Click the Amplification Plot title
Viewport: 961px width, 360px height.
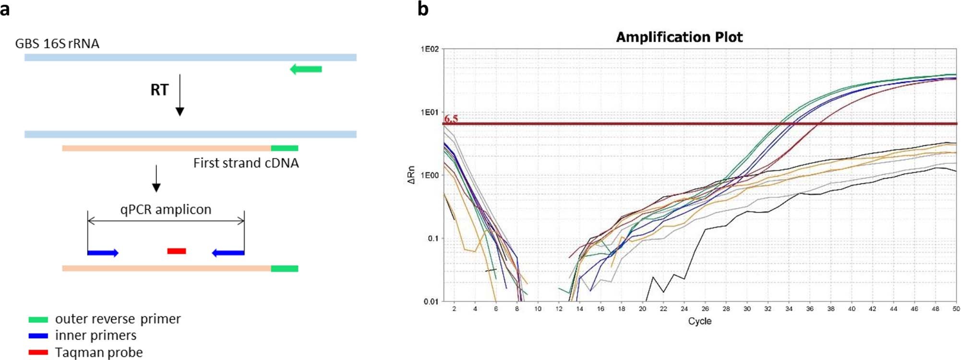pos(679,37)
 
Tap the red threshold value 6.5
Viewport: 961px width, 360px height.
pos(451,118)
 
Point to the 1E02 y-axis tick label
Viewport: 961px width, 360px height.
pos(430,49)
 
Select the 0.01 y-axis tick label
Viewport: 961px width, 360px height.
pos(431,301)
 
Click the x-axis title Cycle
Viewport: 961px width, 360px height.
pos(699,321)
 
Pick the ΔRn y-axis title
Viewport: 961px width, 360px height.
pos(411,175)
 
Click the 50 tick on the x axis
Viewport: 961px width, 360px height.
pos(956,309)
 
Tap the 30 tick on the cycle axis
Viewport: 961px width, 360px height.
pos(747,309)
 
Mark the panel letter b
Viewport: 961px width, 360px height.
pos(422,9)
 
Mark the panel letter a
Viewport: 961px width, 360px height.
pos(5,9)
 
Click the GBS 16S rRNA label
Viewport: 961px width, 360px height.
pos(57,44)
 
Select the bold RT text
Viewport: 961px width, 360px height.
pos(159,90)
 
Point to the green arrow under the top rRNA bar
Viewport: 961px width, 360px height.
pos(306,69)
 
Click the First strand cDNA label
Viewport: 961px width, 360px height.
pos(246,163)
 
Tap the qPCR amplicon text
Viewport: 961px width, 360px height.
pos(166,209)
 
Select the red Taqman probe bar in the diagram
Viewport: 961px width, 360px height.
pos(176,251)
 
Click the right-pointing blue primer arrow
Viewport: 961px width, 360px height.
pos(103,252)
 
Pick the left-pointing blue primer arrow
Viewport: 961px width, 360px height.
pos(228,252)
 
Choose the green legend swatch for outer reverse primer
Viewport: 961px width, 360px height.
pos(38,320)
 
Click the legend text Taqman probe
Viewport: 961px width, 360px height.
pos(99,352)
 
